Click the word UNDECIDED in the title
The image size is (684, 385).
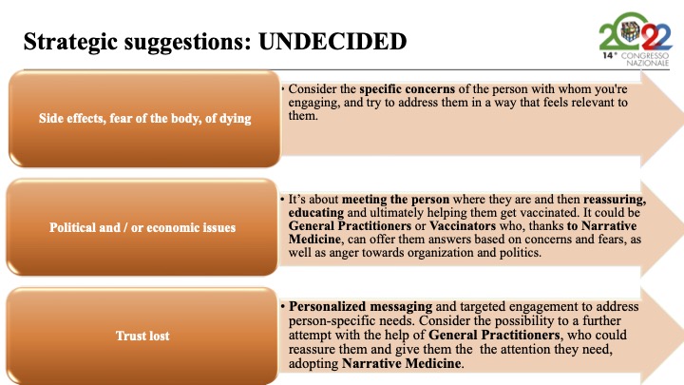332,42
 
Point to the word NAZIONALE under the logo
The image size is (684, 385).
647,63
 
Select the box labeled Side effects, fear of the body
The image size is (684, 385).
144,118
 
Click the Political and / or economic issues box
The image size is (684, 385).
142,227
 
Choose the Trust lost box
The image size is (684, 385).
142,336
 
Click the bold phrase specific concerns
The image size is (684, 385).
407,89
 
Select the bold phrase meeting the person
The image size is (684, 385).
395,200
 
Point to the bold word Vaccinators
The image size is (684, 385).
463,225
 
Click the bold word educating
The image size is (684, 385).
315,213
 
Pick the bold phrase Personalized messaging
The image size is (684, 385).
360,307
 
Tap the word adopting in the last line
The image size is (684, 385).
313,363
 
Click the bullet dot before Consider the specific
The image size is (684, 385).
283,89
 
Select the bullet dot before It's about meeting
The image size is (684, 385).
283,200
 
